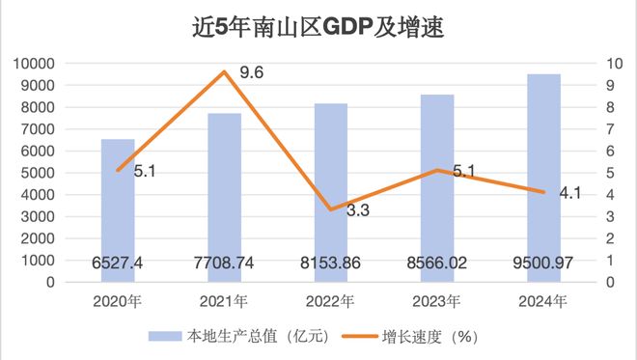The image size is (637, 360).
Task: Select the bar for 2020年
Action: click(118, 212)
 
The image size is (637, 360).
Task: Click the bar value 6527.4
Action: click(118, 263)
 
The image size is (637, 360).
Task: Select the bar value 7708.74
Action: click(225, 263)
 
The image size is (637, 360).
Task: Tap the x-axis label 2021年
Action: click(225, 301)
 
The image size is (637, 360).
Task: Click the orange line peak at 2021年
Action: click(225, 72)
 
